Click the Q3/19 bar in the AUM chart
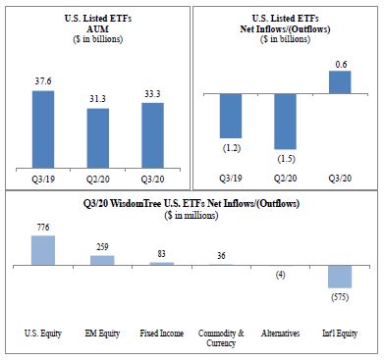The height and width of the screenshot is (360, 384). coord(43,129)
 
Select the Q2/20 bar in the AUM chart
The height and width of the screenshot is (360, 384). coord(97,138)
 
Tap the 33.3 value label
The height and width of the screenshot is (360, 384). coord(152,94)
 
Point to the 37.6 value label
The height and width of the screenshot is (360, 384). coord(43,81)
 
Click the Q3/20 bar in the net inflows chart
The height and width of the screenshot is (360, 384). coord(340,82)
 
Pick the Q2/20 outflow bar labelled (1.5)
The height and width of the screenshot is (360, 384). coord(285,122)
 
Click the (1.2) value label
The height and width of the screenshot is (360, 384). coord(232,148)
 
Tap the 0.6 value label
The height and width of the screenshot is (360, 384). coord(341,65)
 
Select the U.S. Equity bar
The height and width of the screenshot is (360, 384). coord(43,250)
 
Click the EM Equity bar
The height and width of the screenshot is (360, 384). coord(102,260)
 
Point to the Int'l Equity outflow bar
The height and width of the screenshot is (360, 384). coord(340,277)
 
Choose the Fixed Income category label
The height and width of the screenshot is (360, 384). coord(162,334)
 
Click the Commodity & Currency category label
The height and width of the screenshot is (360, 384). coord(221,338)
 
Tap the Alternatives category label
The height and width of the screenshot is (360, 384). coord(281,334)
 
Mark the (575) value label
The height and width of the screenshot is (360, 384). coord(340,297)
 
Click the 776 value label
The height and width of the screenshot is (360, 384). coord(43,228)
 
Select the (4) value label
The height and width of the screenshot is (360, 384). coord(281,275)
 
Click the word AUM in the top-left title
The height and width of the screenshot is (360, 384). coord(98,29)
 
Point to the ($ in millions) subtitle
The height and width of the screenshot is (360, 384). coord(192,215)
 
